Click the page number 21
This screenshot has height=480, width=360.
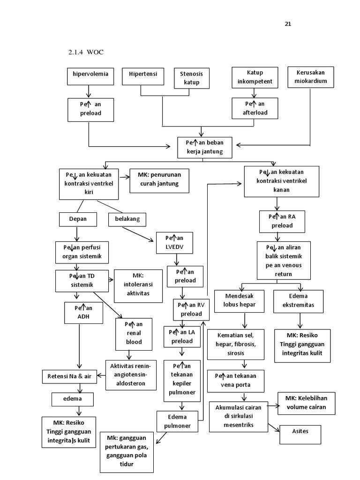pos(288,24)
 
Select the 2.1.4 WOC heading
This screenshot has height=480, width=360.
pos(85,52)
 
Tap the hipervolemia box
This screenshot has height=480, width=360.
pos(90,76)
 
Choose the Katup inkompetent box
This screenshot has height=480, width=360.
pos(255,77)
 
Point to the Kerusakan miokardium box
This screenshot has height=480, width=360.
pos(310,77)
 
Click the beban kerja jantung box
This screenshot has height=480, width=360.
pos(204,147)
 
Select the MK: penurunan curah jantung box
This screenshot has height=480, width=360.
pos(159,180)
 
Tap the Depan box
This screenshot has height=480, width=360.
pos(78,219)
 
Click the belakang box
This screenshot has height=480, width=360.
pos(127,219)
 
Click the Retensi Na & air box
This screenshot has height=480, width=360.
pos(69,376)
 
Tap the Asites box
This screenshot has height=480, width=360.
pos(300,434)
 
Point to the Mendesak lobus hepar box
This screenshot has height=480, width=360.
pos(240,301)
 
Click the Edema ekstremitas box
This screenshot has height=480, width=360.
pos(298,301)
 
